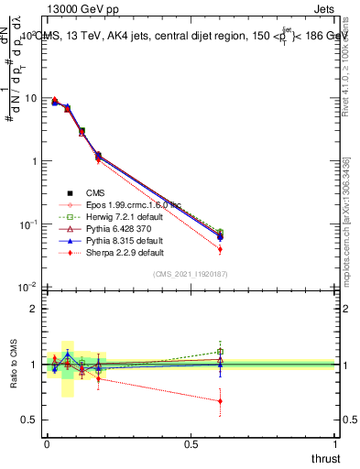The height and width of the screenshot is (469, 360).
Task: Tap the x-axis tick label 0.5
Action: click(191, 442)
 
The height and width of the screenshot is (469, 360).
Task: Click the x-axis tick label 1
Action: click(336, 442)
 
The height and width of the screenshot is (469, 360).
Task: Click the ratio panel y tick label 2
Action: click(33, 309)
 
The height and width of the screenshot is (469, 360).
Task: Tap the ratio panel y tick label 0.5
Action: click(29, 420)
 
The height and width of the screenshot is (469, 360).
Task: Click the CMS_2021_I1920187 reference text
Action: click(191, 274)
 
